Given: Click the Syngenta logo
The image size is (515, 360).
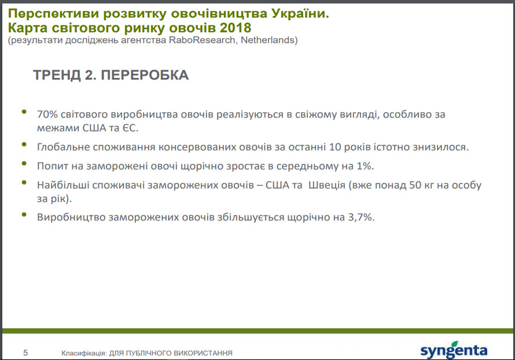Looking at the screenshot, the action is point(454,350).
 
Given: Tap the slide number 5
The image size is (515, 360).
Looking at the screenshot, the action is point(25,353).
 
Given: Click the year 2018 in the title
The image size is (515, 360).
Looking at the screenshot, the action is point(236,28).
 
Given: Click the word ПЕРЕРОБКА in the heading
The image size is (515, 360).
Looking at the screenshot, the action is point(145,75).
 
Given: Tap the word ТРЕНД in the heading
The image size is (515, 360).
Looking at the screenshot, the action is point(57,75).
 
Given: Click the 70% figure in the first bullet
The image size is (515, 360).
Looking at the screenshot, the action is point(47,114).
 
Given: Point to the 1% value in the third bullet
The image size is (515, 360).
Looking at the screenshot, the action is point(365,166).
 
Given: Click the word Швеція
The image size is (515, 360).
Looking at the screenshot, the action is point(327,185).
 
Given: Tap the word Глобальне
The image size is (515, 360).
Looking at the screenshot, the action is point(63,147).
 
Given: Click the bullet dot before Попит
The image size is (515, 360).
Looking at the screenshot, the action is point(24,163).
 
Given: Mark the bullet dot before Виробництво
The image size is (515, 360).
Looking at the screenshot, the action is point(24,215).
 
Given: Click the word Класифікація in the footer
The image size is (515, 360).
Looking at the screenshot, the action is point(84,353).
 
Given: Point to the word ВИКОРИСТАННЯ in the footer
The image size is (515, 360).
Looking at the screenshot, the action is point(203,353).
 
